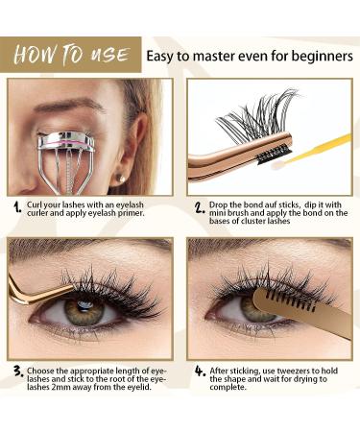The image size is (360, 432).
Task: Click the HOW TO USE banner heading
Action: coord(72,55)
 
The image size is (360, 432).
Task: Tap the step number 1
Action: coord(17,207)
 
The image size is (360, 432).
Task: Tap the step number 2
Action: coord(200,207)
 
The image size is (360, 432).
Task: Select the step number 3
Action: coord(18,372)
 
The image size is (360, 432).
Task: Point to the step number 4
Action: coord(200,372)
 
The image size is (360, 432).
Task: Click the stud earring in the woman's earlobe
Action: coord(120,179)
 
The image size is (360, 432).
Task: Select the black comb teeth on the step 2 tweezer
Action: coord(272,153)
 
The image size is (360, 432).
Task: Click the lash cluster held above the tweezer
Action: coord(256,113)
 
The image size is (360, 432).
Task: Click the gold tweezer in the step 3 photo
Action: coord(36,291)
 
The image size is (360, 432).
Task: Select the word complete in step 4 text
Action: coord(228,388)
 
